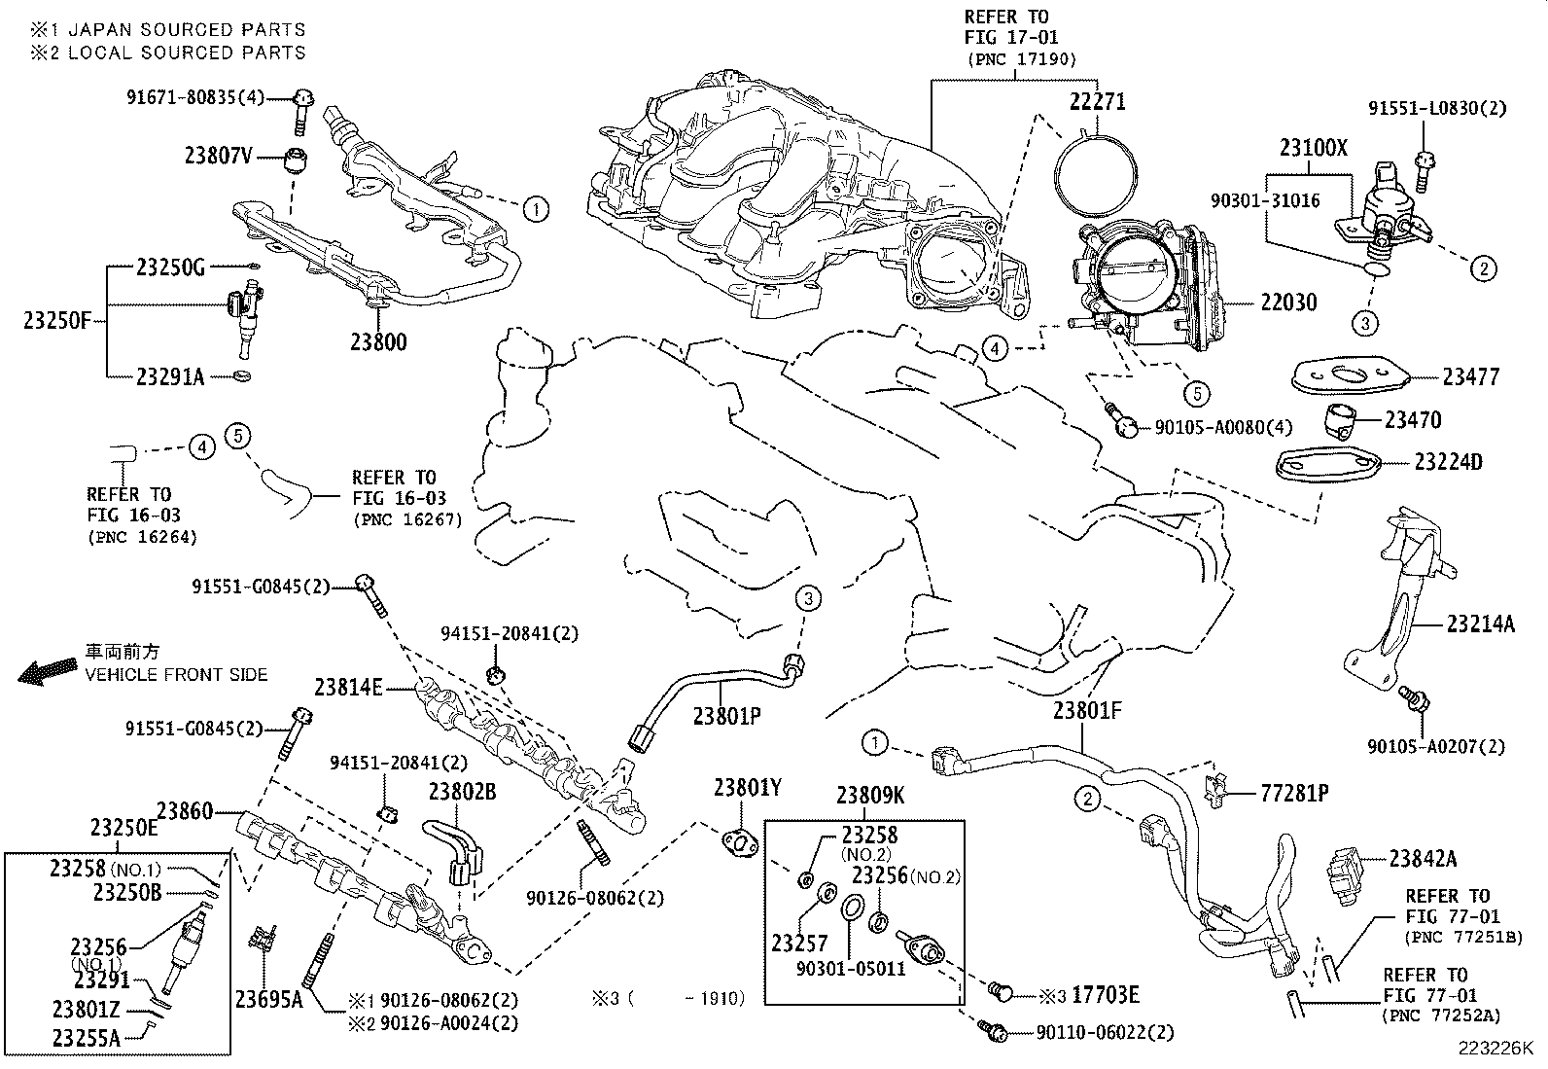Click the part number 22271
pyautogui.click(x=1097, y=100)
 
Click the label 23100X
pyautogui.click(x=1314, y=148)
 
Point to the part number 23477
pyautogui.click(x=1470, y=376)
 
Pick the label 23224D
pyautogui.click(x=1448, y=462)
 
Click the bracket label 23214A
pyautogui.click(x=1480, y=624)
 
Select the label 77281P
pyautogui.click(x=1294, y=794)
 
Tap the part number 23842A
pyautogui.click(x=1423, y=858)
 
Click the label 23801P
pyautogui.click(x=725, y=717)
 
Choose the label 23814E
pyautogui.click(x=348, y=688)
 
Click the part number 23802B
pyautogui.click(x=462, y=792)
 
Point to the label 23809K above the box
pyautogui.click(x=870, y=796)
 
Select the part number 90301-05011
pyautogui.click(x=851, y=969)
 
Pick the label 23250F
pyautogui.click(x=56, y=318)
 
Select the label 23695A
pyautogui.click(x=267, y=998)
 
